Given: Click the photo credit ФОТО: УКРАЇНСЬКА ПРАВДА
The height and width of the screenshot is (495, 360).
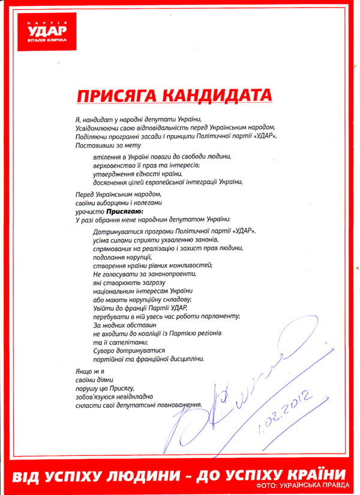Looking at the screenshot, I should tap(306, 484).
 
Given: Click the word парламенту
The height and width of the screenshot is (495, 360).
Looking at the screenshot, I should tap(218, 316).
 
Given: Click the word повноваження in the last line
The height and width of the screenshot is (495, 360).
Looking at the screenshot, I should tap(173, 405).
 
